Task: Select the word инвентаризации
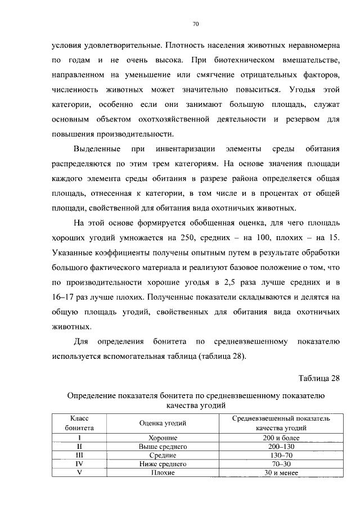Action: [x=182, y=149]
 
